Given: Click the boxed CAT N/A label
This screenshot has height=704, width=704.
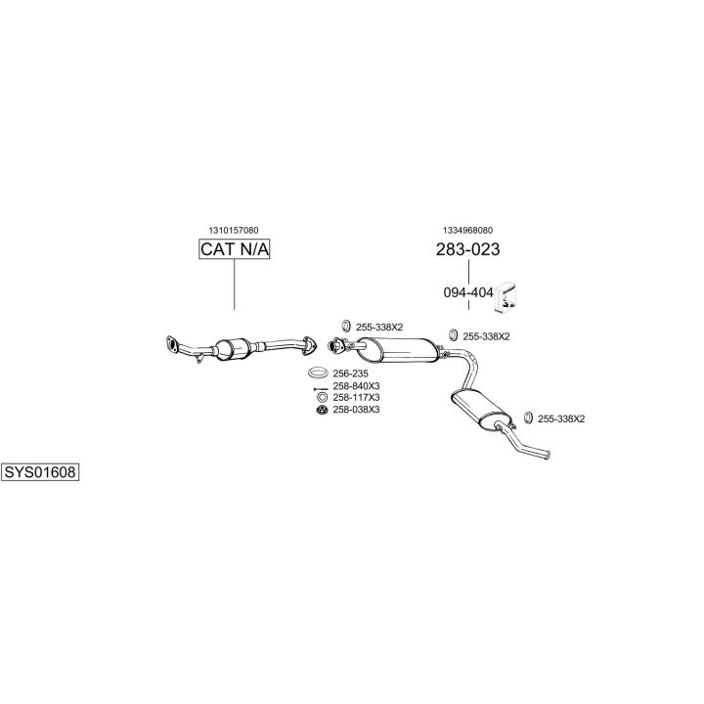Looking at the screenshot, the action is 234,249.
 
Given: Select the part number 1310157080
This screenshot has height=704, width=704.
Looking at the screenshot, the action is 234,231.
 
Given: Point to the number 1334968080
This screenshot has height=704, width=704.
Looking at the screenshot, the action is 467,231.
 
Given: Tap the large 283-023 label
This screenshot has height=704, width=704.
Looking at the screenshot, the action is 467,249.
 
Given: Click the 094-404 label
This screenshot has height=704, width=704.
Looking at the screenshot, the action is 468,292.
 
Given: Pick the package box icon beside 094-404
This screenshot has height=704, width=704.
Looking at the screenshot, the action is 506,297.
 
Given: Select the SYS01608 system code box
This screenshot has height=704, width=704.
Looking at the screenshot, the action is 40,472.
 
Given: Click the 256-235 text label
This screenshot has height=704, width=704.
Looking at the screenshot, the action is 350,374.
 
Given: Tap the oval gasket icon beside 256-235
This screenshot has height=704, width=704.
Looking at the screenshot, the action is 318,373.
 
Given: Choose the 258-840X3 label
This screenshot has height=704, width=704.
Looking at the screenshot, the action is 356,386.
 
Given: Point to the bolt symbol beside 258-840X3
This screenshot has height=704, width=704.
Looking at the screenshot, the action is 321,389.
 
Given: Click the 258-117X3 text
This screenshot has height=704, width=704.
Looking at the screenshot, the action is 356,398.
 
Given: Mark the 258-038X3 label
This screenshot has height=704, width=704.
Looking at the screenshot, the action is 356,410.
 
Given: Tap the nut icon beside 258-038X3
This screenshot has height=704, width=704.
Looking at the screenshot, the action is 322,410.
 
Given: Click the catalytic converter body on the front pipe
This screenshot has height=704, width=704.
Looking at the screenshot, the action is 233,349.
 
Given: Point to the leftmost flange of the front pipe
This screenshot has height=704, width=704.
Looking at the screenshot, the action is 171,343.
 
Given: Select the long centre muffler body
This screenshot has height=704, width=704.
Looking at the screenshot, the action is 399,350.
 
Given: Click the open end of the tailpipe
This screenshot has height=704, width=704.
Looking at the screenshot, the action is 548,456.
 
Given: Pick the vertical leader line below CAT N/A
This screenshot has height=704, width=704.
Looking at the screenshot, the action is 235,285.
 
